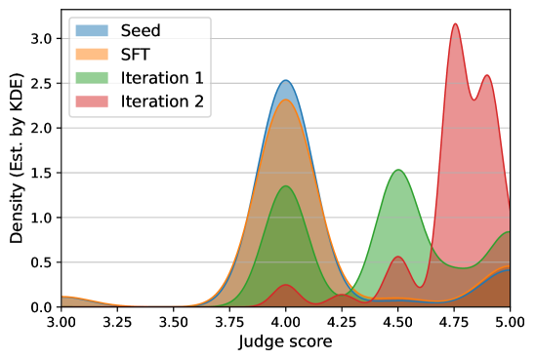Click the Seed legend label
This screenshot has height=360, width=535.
pyautogui.click(x=141, y=31)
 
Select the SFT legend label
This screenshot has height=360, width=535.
pyautogui.click(x=137, y=55)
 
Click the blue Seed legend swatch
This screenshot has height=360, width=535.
pyautogui.click(x=93, y=31)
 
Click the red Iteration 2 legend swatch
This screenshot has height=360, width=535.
pyautogui.click(x=93, y=101)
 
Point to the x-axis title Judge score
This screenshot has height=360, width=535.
pyautogui.click(x=285, y=342)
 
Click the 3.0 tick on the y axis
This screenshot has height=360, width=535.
pyautogui.click(x=43, y=38)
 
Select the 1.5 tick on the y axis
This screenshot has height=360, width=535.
pyautogui.click(x=43, y=173)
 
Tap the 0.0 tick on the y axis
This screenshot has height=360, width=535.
pyautogui.click(x=43, y=307)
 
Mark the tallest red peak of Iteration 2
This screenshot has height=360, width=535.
pyautogui.click(x=455, y=24)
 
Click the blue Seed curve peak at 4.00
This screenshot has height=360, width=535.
pyautogui.click(x=285, y=81)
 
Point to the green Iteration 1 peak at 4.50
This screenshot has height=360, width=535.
pyautogui.click(x=398, y=171)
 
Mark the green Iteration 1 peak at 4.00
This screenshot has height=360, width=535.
pyautogui.click(x=286, y=186)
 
